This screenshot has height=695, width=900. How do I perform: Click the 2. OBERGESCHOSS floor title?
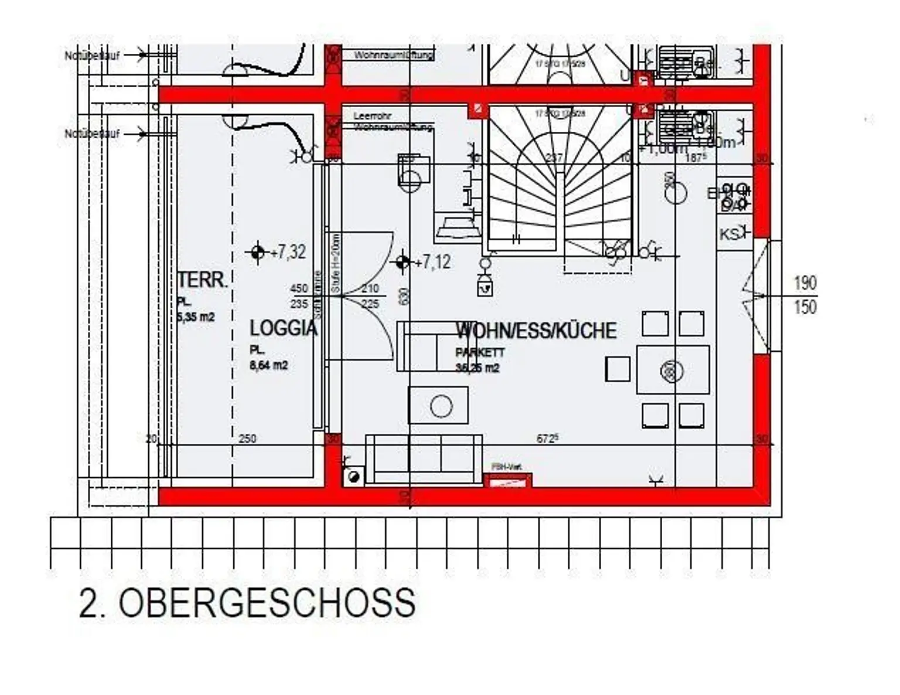click(x=247, y=602)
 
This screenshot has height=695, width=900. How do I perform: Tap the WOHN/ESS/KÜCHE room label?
click(x=536, y=331)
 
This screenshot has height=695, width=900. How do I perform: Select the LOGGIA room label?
click(x=283, y=328)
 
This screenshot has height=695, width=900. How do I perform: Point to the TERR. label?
click(x=202, y=280)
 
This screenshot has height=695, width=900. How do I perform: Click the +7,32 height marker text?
click(x=288, y=252)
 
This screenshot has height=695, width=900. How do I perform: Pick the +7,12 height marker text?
click(x=432, y=262)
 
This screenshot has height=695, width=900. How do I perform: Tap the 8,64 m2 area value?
click(x=269, y=366)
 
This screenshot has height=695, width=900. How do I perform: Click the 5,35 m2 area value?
click(x=196, y=318)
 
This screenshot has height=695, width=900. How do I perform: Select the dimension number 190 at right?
click(x=804, y=283)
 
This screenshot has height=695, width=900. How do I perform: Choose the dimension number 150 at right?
click(x=804, y=307)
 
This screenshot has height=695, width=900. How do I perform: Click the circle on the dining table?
click(x=672, y=371)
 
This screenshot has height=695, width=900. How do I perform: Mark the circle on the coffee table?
click(x=441, y=406)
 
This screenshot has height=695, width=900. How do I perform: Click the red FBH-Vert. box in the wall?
click(x=507, y=480)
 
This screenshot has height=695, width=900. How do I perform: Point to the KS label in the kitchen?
click(x=728, y=235)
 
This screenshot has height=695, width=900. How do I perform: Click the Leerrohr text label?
click(x=372, y=116)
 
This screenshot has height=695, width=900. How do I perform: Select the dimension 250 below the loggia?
click(x=247, y=439)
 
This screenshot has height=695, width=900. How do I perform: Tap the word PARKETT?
click(x=480, y=353)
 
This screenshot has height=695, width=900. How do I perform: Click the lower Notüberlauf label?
click(x=92, y=134)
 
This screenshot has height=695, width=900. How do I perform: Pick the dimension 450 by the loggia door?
click(x=299, y=289)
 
